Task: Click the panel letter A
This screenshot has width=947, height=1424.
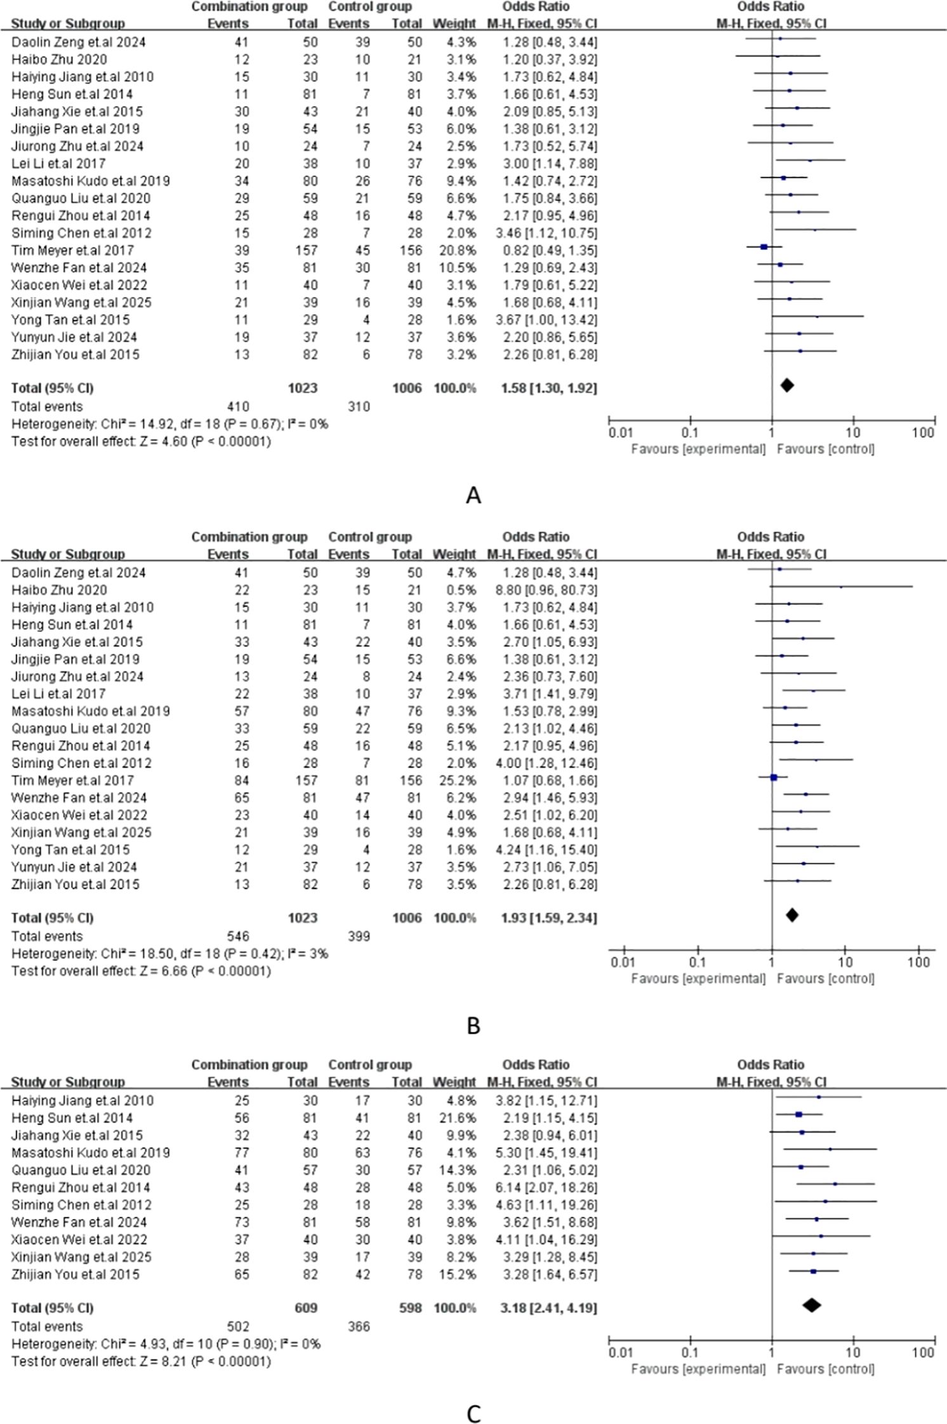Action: click(x=473, y=495)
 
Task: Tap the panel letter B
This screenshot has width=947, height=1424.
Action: click(x=473, y=1026)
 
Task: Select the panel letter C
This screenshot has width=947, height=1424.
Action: click(x=473, y=1414)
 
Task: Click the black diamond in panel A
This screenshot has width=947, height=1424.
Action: click(x=787, y=385)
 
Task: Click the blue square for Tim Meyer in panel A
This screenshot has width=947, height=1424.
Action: click(x=764, y=247)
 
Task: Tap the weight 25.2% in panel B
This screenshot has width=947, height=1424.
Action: click(x=454, y=781)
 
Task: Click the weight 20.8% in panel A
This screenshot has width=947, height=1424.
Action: click(x=454, y=250)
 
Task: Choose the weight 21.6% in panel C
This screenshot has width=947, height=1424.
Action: click(x=454, y=1117)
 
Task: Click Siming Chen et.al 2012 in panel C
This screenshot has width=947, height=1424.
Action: click(x=81, y=1204)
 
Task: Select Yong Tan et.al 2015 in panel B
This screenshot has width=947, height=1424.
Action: click(x=70, y=850)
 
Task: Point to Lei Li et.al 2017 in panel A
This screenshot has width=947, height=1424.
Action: click(x=58, y=164)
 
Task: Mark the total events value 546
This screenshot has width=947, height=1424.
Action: click(x=238, y=936)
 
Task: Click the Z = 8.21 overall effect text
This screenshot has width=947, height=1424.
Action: click(x=141, y=1361)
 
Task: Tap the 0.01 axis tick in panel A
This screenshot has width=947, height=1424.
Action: click(x=620, y=433)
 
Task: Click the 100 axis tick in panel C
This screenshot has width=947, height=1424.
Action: click(x=924, y=1353)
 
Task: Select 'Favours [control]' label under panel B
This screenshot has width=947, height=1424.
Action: click(x=825, y=979)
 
